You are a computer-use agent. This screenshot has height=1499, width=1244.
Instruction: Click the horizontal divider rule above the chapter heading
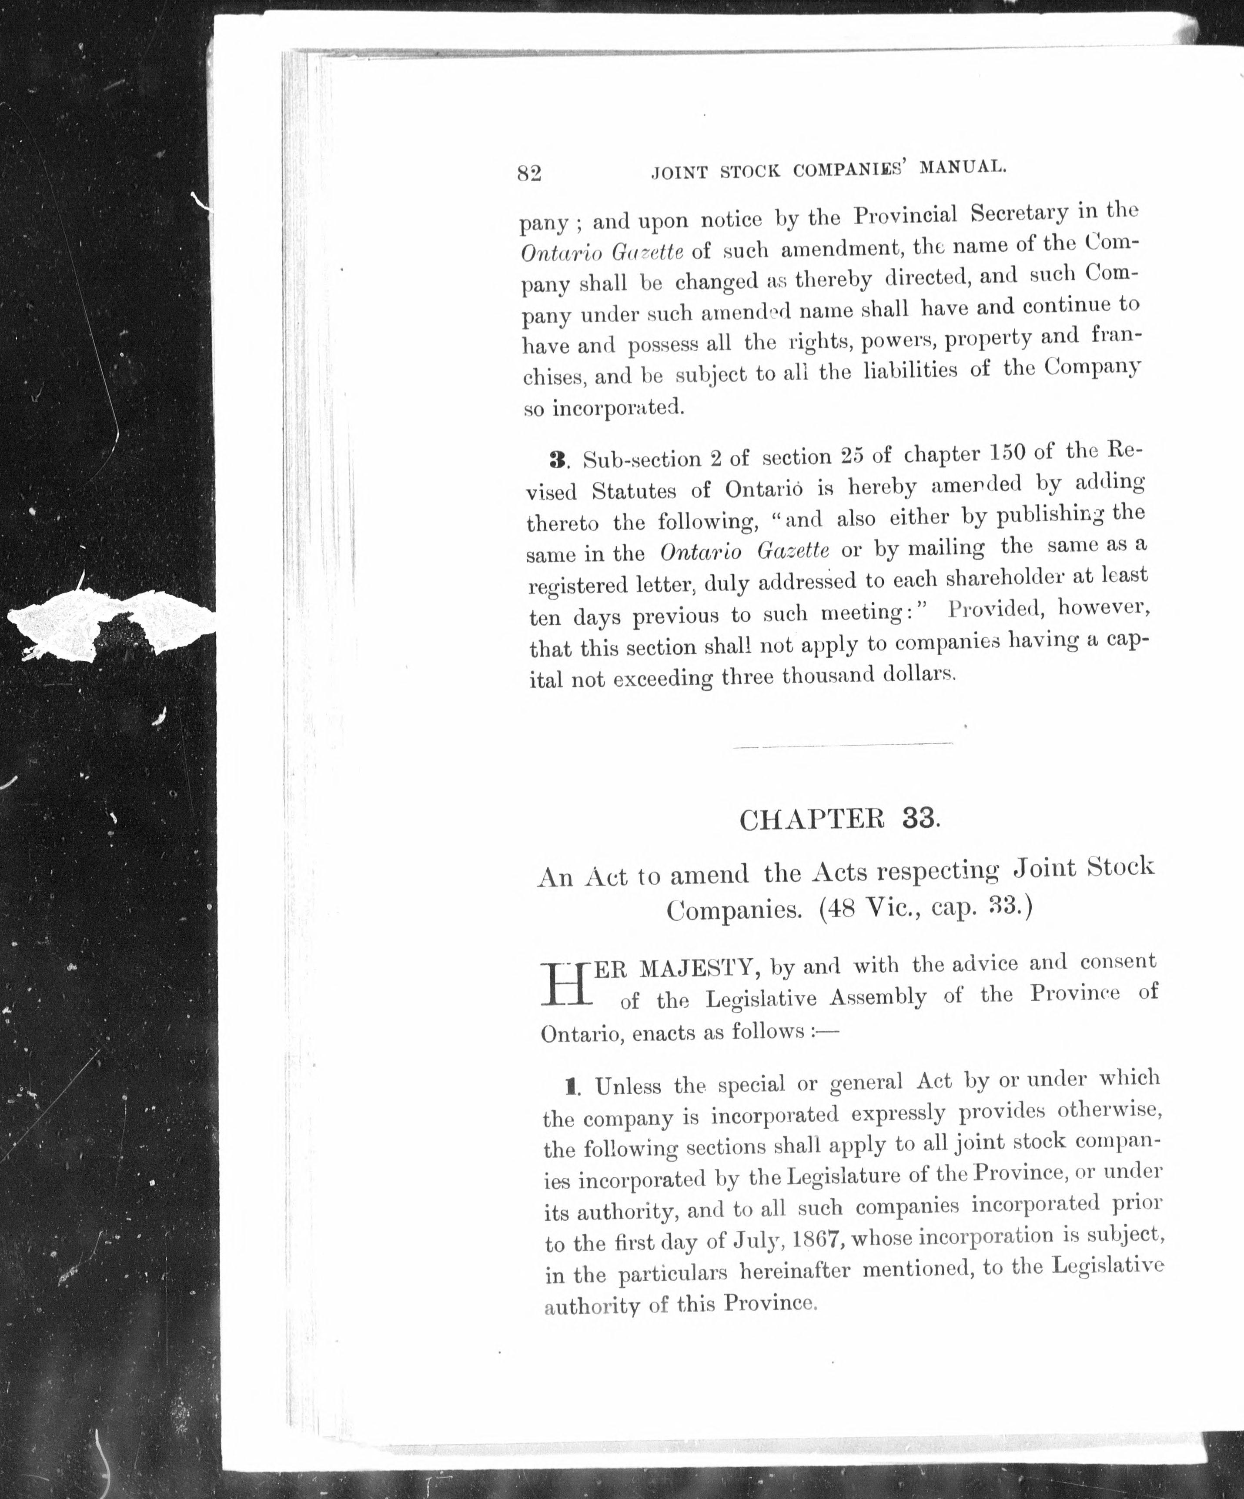click(843, 746)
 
